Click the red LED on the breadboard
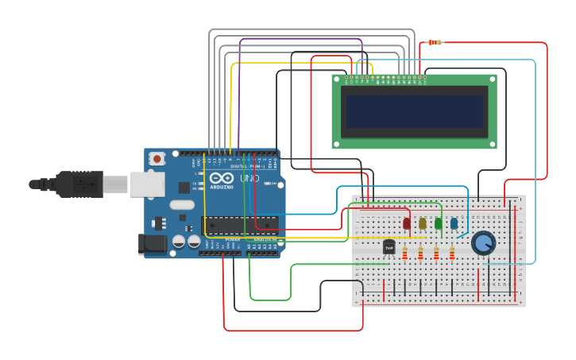click(407, 223)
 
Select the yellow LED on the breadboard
click(423, 223)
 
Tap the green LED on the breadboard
click(439, 223)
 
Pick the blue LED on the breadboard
click(454, 223)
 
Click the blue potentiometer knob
click(483, 242)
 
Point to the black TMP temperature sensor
click(389, 248)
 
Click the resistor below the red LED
click(404, 254)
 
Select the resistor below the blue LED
click(452, 254)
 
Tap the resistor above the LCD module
click(435, 42)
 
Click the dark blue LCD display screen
click(413, 111)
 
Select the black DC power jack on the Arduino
click(153, 244)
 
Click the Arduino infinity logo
click(222, 178)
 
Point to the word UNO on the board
click(249, 179)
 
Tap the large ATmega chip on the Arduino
click(239, 225)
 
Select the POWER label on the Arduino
click(232, 239)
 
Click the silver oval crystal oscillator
click(182, 204)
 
